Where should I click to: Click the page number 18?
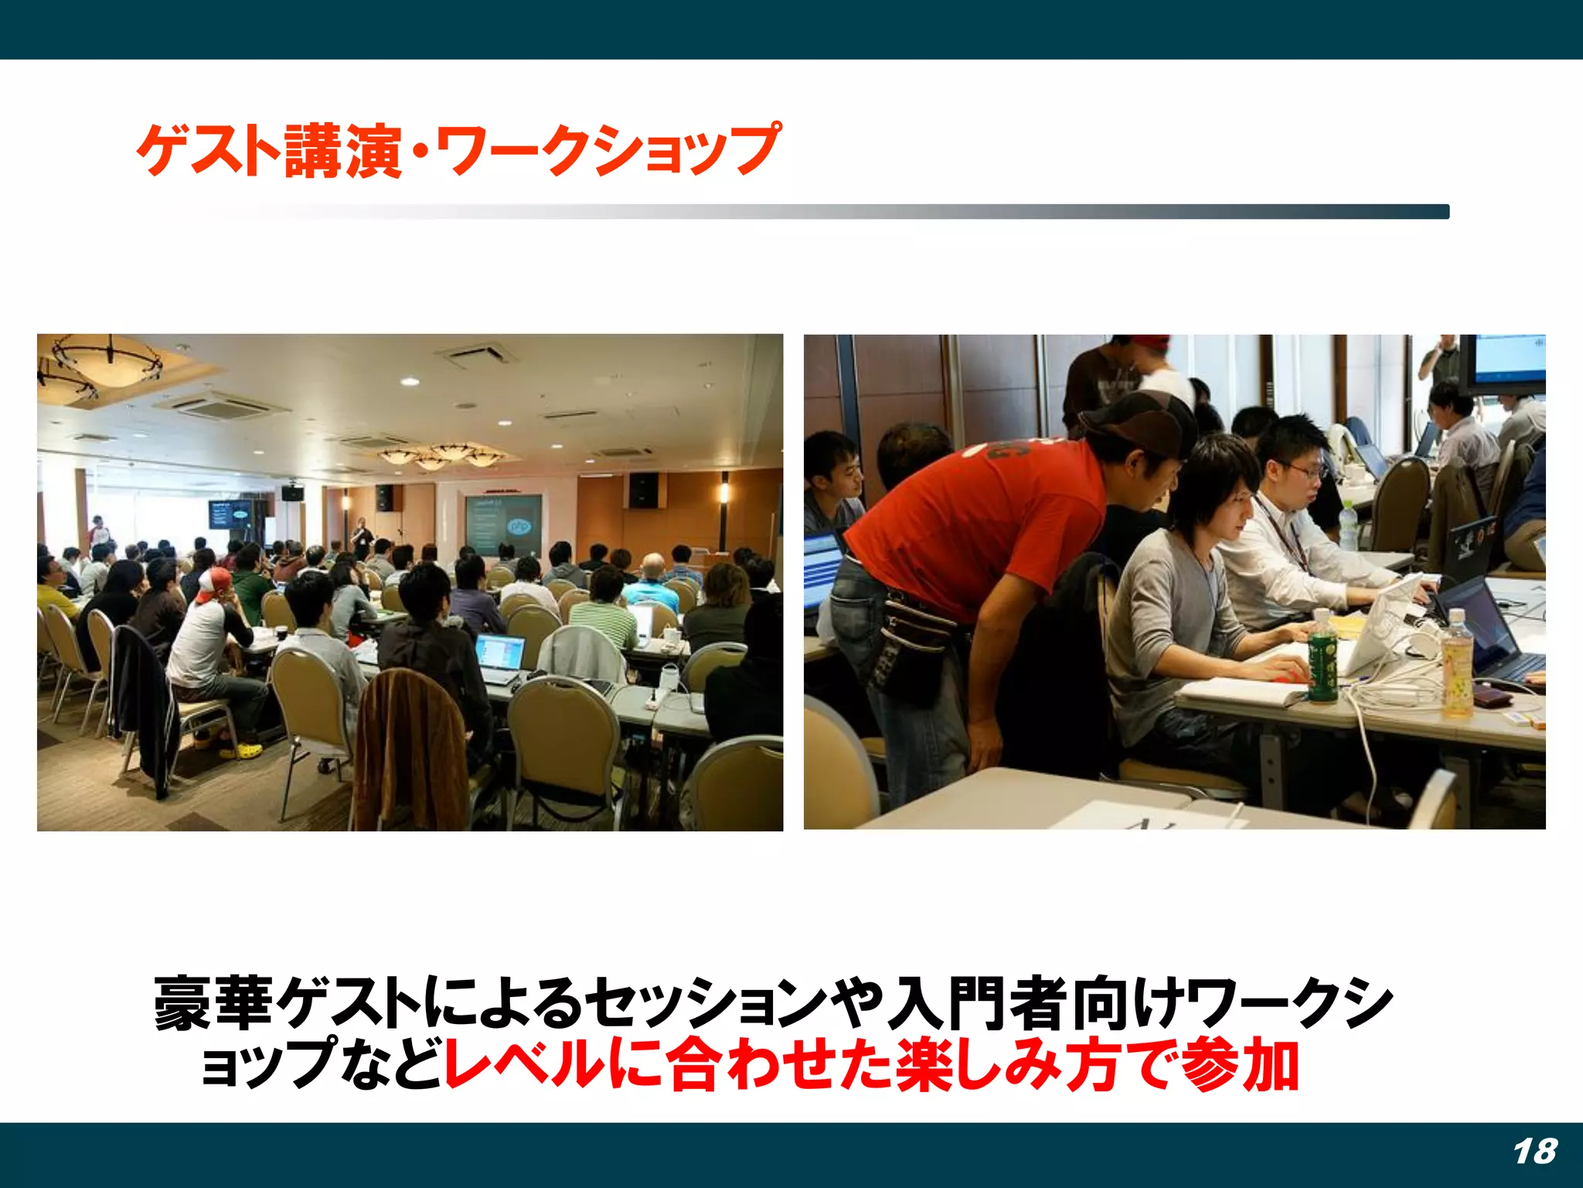[x=1534, y=1152]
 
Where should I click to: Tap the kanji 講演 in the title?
[x=342, y=151]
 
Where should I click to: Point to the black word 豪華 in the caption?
[x=213, y=1004]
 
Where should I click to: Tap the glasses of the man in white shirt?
[x=1306, y=470]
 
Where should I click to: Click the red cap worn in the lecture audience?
[x=213, y=585]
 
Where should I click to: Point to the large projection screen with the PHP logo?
[x=502, y=524]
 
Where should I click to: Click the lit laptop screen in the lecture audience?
[x=499, y=654]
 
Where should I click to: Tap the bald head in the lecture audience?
[x=654, y=564]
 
